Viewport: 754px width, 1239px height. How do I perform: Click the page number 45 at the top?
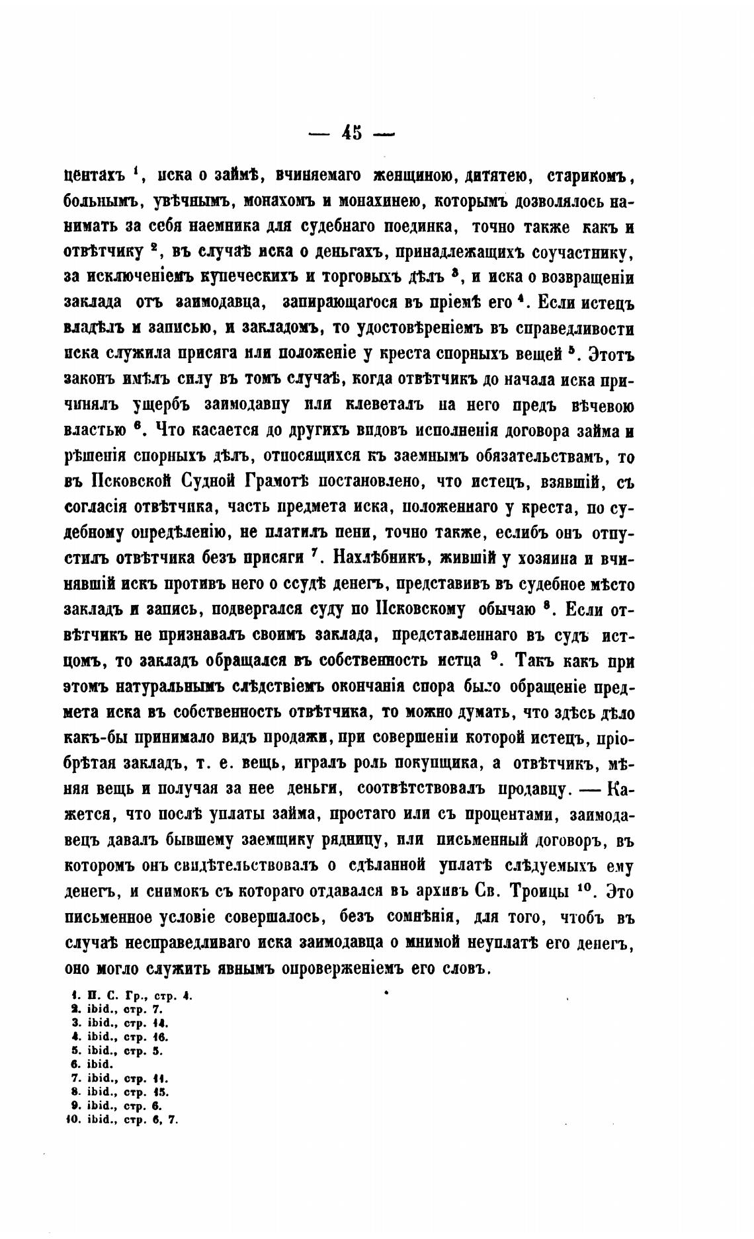pyautogui.click(x=352, y=133)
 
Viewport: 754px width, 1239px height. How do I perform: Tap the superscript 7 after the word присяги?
pyautogui.click(x=317, y=554)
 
